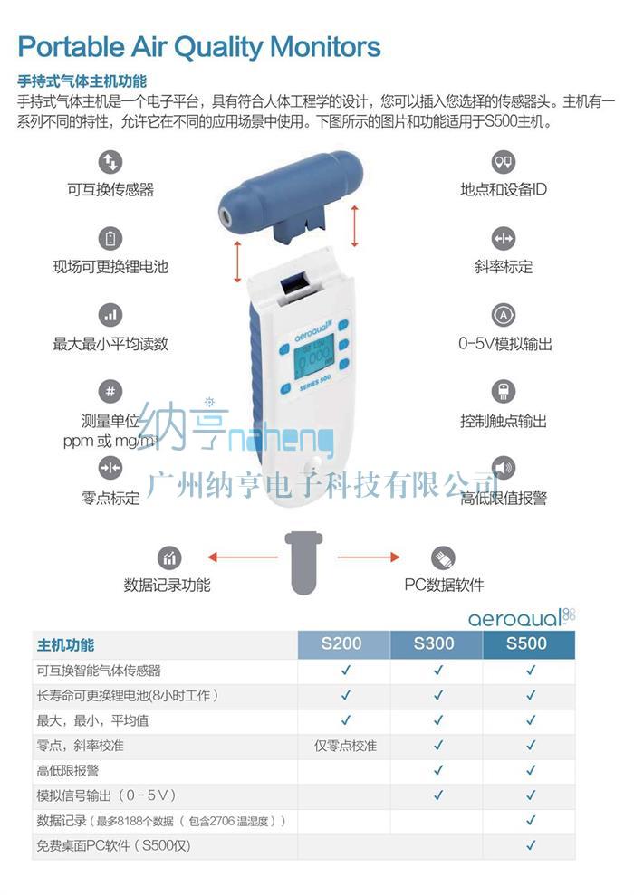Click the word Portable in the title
[x=71, y=47]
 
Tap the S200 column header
[x=341, y=643]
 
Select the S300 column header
[x=434, y=643]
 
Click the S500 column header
[x=526, y=643]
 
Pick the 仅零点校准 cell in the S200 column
[x=346, y=746]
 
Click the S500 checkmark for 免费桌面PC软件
[x=531, y=844]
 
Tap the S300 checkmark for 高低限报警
[x=438, y=770]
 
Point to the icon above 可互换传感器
[x=110, y=162]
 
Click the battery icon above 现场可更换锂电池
[x=110, y=239]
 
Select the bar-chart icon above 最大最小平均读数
[x=110, y=315]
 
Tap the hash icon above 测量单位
[x=110, y=392]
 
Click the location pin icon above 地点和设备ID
[x=504, y=162]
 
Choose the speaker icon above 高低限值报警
[x=504, y=468]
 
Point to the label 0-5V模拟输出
[x=504, y=344]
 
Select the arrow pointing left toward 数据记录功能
[x=243, y=557]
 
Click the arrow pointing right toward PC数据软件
[x=369, y=557]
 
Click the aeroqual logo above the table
[x=522, y=617]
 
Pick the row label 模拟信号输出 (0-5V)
[x=106, y=795]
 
